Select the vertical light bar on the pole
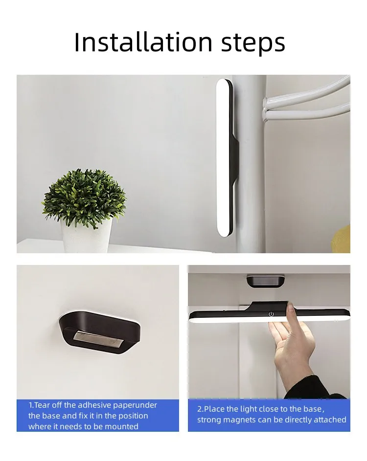[x=223, y=156]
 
